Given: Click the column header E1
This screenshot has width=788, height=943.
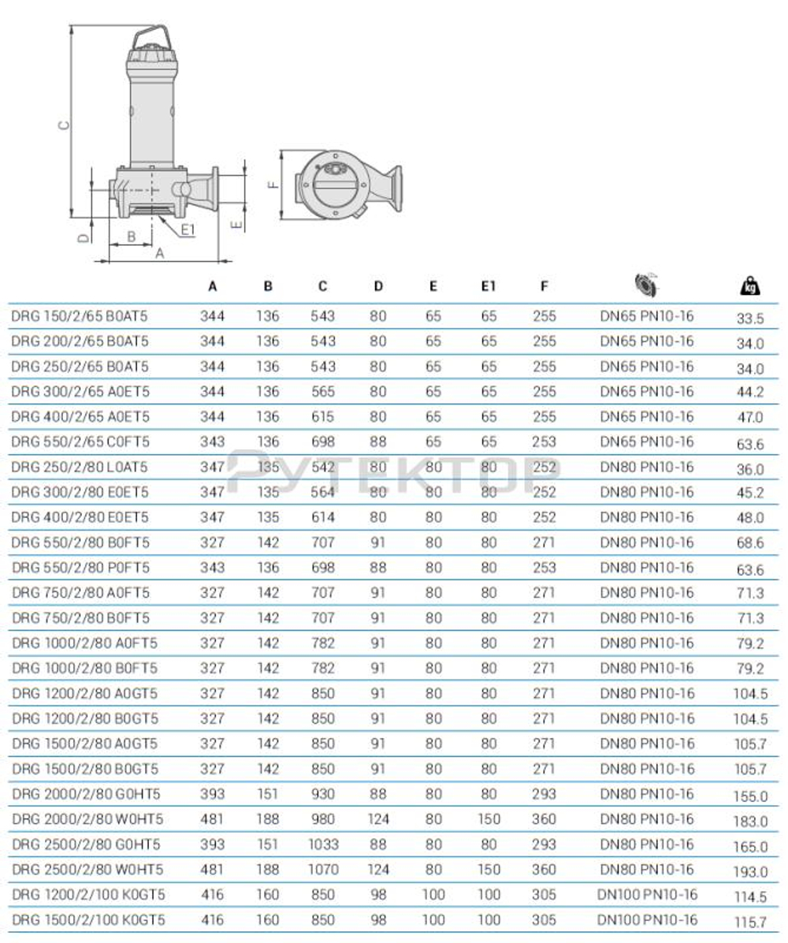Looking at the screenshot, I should [489, 287].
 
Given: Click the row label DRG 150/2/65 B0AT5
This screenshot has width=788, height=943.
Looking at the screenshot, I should [80, 316].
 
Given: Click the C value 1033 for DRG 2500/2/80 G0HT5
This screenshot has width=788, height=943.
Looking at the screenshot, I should [322, 844].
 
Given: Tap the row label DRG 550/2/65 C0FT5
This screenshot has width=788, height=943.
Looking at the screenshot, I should [80, 442].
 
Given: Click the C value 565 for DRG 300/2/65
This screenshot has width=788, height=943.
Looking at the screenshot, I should [322, 392].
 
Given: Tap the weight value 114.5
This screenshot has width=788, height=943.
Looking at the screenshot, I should [749, 897].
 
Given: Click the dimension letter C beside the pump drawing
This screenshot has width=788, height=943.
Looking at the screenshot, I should [65, 125].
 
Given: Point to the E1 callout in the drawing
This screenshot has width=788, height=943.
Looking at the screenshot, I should [188, 229].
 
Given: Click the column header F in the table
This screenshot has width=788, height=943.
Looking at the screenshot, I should [544, 287].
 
